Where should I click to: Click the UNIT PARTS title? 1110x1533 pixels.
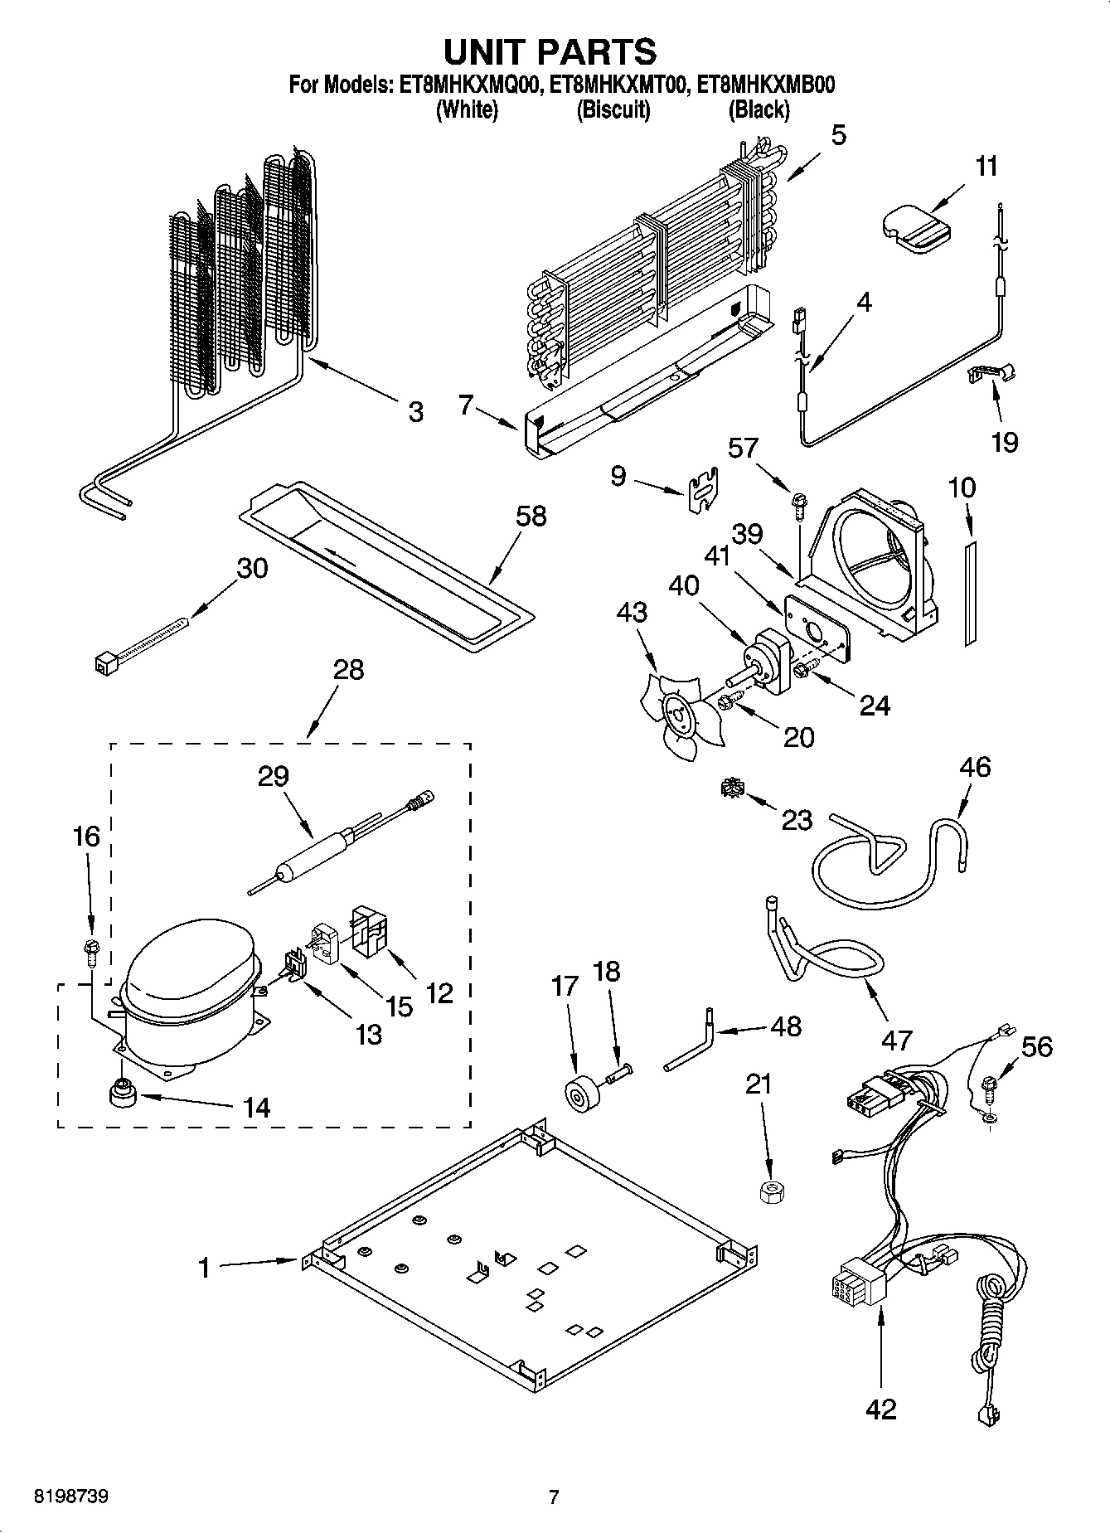tap(550, 51)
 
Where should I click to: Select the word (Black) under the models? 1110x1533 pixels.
tap(758, 109)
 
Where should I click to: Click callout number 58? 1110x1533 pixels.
tap(531, 516)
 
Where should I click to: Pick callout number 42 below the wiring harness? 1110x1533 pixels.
tap(880, 1409)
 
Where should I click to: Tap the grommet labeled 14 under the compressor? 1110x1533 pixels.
tap(123, 1093)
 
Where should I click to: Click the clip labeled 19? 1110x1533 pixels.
tap(993, 373)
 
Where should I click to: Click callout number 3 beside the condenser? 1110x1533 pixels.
tap(415, 412)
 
